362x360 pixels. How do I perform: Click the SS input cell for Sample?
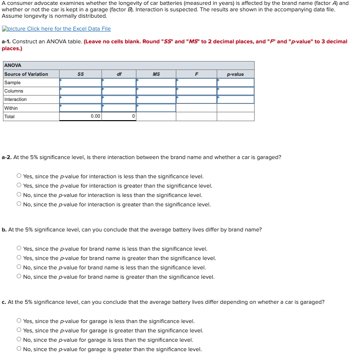pyautogui.click(x=80, y=82)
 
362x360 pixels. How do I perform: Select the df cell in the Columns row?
pyautogui.click(x=119, y=91)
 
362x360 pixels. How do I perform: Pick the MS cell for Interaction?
pyautogui.click(x=156, y=99)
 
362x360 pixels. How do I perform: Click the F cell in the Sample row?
pyautogui.click(x=196, y=82)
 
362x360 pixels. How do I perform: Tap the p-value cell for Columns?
pyautogui.click(x=235, y=91)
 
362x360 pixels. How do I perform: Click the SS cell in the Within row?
pyautogui.click(x=80, y=108)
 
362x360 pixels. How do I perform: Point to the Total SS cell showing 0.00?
pyautogui.click(x=80, y=116)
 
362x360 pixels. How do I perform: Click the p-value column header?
pyautogui.click(x=235, y=74)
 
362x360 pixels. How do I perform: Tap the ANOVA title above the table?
pyautogui.click(x=12, y=65)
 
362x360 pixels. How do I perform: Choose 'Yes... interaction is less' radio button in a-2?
pyautogui.click(x=19, y=176)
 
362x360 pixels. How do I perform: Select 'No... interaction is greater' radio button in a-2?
pyautogui.click(x=19, y=204)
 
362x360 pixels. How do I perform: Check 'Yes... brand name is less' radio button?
pyautogui.click(x=19, y=249)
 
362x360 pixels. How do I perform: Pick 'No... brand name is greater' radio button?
pyautogui.click(x=19, y=277)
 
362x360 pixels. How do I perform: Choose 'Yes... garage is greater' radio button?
pyautogui.click(x=19, y=330)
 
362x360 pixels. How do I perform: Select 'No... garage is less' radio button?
pyautogui.click(x=19, y=340)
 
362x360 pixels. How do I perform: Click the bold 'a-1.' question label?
pyautogui.click(x=6, y=41)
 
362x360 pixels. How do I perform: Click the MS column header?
pyautogui.click(x=156, y=74)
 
